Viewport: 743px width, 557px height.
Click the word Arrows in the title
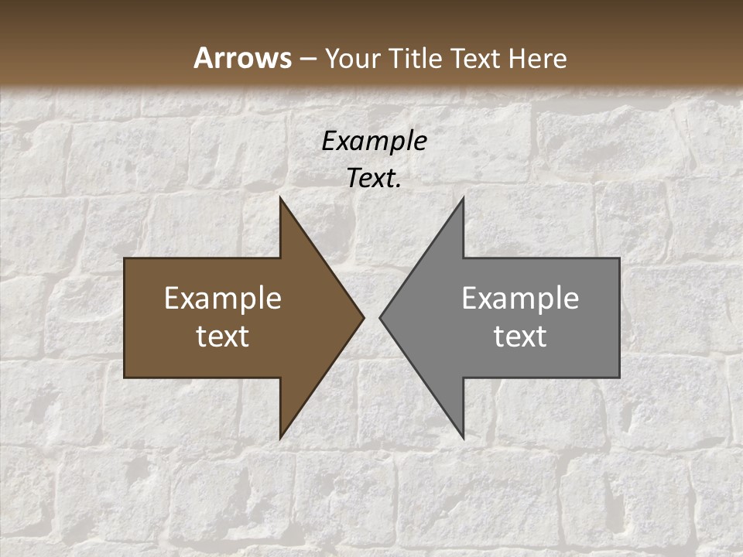click(242, 58)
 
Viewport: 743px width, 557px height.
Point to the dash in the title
click(307, 59)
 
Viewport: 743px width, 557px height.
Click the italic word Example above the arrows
click(374, 141)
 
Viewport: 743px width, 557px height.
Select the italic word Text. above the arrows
click(374, 179)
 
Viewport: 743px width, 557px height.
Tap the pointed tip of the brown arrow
click(363, 317)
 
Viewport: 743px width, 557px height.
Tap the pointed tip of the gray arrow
click(380, 317)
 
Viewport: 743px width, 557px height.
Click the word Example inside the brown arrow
click(223, 299)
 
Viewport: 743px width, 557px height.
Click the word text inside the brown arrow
click(223, 337)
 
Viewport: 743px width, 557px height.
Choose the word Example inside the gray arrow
click(520, 299)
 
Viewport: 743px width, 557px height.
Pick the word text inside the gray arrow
click(520, 337)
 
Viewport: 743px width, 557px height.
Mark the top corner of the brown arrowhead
click(281, 198)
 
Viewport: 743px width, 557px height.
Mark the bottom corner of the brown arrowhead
click(281, 437)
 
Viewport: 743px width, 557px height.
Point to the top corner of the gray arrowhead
click(463, 198)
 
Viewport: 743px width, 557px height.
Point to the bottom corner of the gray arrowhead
click(463, 437)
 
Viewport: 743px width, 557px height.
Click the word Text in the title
click(476, 58)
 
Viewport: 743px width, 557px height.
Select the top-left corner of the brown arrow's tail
click(125, 259)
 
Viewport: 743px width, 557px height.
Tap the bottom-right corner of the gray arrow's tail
click(618, 377)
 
